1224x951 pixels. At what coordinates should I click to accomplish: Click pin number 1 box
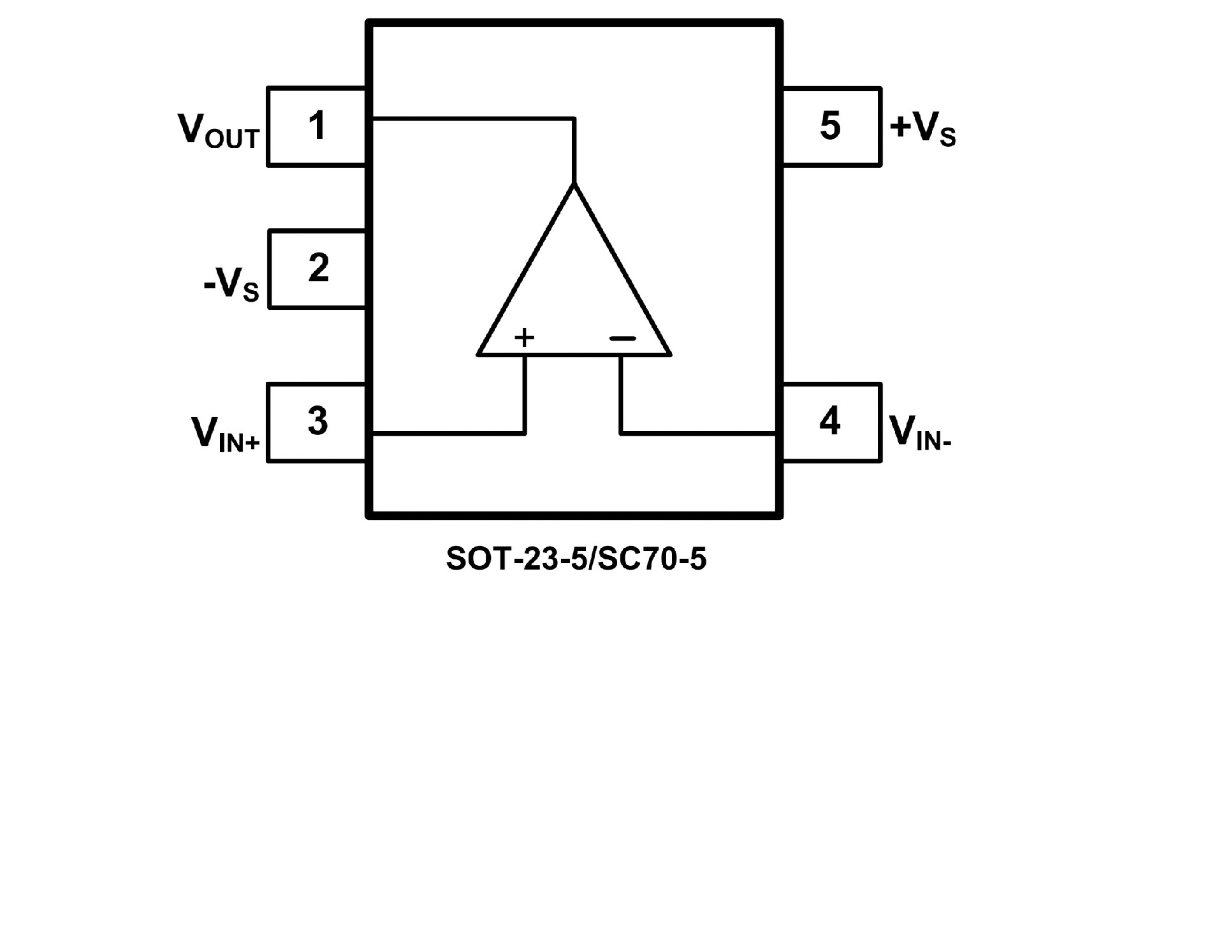tap(316, 126)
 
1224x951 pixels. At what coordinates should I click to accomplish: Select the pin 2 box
tap(317, 269)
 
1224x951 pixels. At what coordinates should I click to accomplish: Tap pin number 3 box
tap(316, 422)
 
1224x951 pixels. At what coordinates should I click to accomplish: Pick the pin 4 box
tap(831, 422)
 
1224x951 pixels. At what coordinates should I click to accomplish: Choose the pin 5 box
tap(831, 126)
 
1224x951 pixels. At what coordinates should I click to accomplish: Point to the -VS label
tap(231, 284)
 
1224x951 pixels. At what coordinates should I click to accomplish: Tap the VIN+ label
tap(225, 435)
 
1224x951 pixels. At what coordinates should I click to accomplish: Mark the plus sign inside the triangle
tap(524, 337)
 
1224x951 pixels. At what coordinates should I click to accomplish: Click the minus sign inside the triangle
tap(622, 338)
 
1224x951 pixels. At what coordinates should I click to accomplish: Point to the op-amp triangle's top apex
tap(574, 185)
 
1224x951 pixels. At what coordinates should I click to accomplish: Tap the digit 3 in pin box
tap(317, 421)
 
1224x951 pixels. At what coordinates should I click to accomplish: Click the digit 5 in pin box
tap(830, 125)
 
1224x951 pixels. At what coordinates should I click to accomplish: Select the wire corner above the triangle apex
tap(574, 119)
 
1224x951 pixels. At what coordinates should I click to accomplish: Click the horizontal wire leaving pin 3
tap(446, 434)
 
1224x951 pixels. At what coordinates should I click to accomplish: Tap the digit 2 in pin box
tap(318, 267)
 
